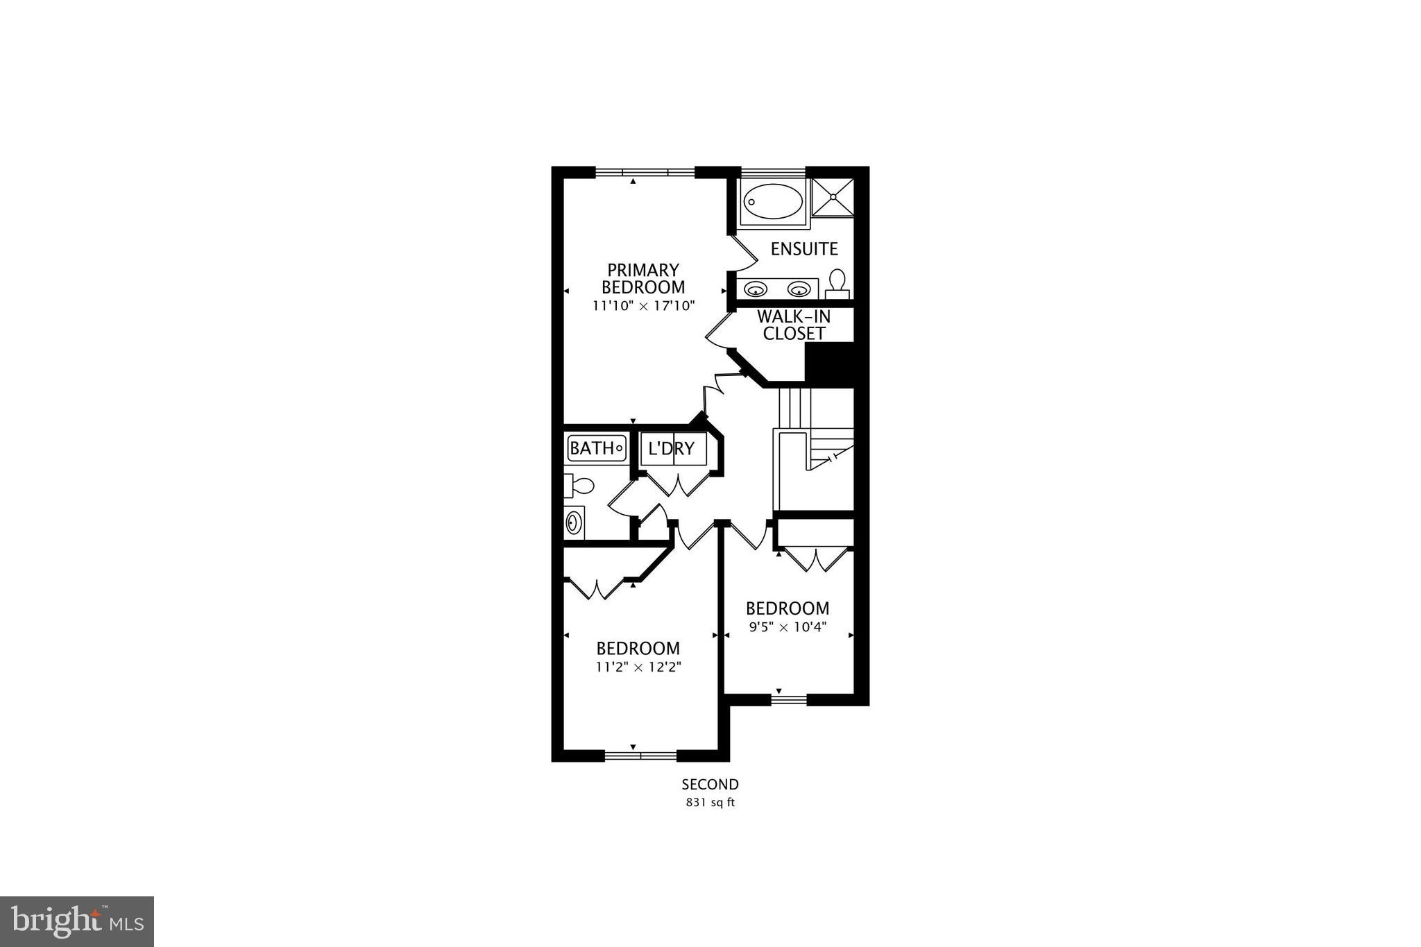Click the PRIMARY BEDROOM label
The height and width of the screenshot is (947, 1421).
[x=643, y=278]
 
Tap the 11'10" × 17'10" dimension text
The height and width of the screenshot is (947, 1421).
[x=643, y=305]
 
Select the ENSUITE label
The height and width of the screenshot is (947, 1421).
[x=804, y=248]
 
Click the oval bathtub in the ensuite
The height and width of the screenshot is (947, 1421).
[x=773, y=201]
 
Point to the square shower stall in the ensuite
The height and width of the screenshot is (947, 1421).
[x=831, y=197]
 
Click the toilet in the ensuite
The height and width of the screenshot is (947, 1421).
[x=837, y=283]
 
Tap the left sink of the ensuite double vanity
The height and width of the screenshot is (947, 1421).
[x=755, y=289]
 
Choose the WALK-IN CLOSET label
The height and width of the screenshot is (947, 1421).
[x=794, y=325]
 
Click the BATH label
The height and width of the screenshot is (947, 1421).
[x=591, y=448]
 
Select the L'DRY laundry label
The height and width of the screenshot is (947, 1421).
[x=671, y=448]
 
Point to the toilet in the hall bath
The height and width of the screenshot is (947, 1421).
[x=579, y=485]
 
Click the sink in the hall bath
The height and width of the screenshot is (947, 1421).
[x=574, y=522]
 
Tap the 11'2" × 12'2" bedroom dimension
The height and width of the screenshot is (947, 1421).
[x=638, y=667]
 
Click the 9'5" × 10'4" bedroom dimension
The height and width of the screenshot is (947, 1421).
[x=788, y=627]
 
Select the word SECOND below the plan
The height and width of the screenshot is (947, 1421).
[x=710, y=785]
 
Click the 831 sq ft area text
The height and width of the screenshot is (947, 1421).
[x=710, y=803]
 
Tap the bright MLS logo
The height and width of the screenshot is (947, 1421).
[x=77, y=921]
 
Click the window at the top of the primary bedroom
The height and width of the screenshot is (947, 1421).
[x=645, y=172]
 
